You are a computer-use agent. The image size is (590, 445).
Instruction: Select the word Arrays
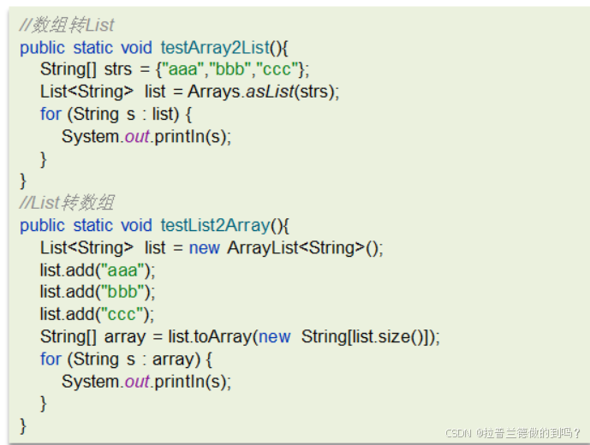214,92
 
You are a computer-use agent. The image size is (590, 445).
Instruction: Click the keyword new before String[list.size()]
275,337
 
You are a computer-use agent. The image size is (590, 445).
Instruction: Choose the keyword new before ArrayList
206,248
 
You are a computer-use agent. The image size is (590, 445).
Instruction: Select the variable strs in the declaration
119,70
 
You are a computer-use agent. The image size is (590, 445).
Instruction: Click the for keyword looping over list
51,115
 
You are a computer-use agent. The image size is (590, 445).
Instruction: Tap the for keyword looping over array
51,359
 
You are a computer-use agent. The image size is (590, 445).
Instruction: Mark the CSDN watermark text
513,433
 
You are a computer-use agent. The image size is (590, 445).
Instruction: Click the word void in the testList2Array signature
136,226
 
